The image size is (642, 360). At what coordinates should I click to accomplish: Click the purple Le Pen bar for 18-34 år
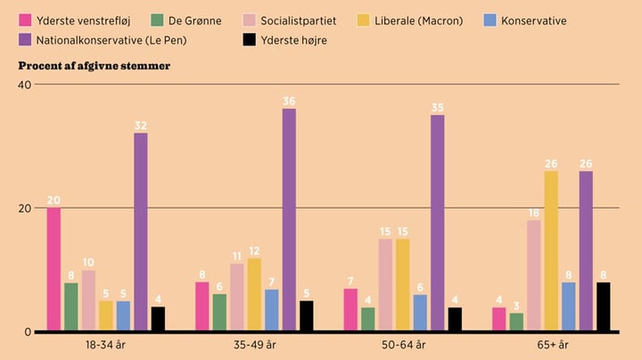141,232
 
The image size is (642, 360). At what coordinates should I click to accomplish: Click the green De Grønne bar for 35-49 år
219,313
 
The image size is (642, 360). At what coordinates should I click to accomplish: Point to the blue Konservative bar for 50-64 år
420,313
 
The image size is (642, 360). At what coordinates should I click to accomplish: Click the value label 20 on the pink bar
53,200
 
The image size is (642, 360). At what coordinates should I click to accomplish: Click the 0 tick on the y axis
28,331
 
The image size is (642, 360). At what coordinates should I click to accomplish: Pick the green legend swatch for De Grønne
156,20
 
